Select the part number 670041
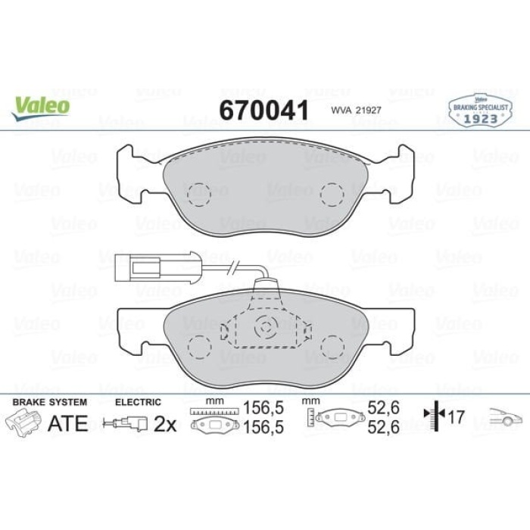263,111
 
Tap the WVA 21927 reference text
354,111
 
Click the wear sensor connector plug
140,267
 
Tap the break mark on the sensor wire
237,267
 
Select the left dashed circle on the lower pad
199,346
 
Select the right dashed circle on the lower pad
332,346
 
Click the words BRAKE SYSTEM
50,402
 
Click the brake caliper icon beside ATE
23,423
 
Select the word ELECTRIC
136,402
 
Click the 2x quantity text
164,424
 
